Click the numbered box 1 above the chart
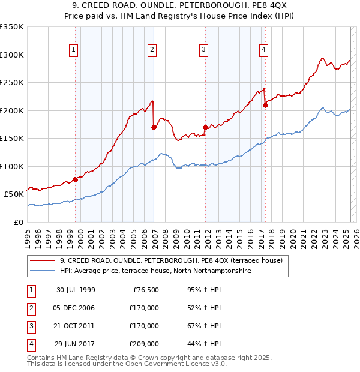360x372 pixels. point(73,50)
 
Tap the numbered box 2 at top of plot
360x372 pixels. point(152,50)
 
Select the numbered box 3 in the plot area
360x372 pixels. point(204,50)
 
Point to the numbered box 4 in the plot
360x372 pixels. point(264,50)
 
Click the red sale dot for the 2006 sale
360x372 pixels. point(154,127)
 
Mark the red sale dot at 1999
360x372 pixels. point(76,179)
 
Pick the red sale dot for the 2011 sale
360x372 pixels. point(205,127)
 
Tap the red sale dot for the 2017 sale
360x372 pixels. point(265,105)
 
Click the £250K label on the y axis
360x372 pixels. point(12,83)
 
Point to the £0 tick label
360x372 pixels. point(19,222)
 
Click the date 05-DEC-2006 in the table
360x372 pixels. point(75,308)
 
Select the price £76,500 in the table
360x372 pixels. point(145,290)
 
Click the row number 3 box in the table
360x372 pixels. point(30,326)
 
